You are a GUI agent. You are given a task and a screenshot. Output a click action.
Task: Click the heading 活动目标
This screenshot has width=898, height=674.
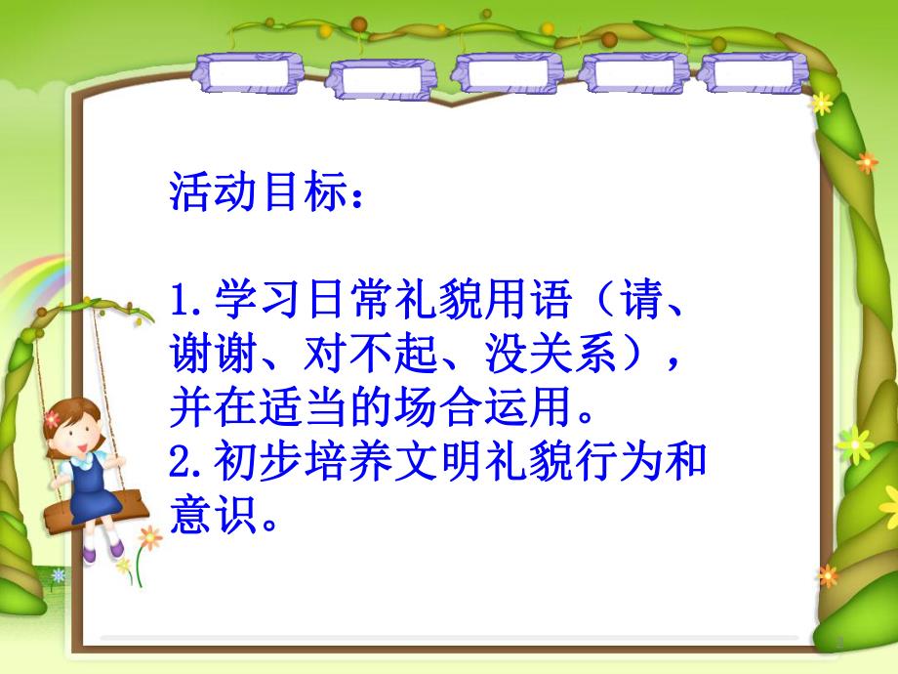(x=259, y=194)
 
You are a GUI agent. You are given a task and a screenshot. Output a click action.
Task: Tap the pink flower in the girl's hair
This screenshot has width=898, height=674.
(x=52, y=418)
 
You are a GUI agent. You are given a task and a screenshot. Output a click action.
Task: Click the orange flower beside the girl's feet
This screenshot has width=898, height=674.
(x=149, y=536)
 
